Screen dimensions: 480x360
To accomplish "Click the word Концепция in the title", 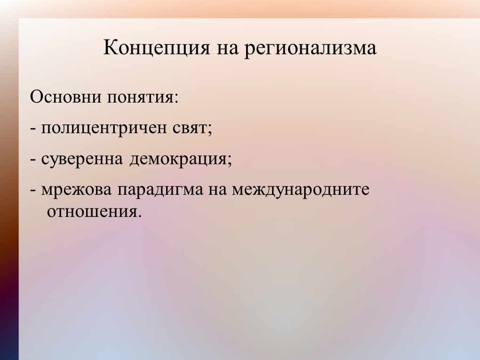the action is click(157, 48).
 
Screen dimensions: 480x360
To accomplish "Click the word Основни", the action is click(66, 97).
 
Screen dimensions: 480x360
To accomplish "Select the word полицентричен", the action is click(104, 128).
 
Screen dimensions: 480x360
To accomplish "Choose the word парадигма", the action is click(160, 190).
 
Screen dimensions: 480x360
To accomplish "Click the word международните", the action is click(301, 190).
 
